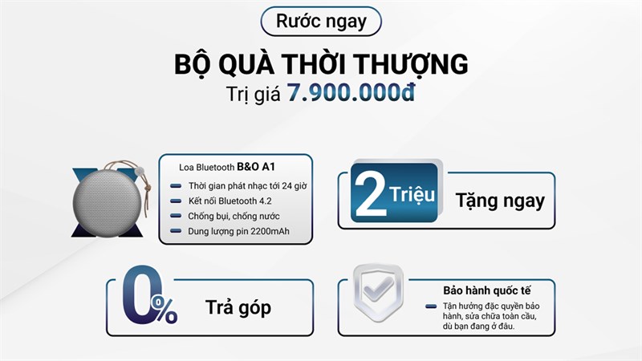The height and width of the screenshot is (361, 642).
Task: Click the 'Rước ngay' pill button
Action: pos(321,22)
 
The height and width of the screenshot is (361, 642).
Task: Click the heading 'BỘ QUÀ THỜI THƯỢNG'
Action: pos(321,63)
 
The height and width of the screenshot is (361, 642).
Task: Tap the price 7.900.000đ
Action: pos(350,92)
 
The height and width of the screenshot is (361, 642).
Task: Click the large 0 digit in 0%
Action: pos(139,292)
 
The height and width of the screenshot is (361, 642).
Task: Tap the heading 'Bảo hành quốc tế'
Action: pos(487,290)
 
